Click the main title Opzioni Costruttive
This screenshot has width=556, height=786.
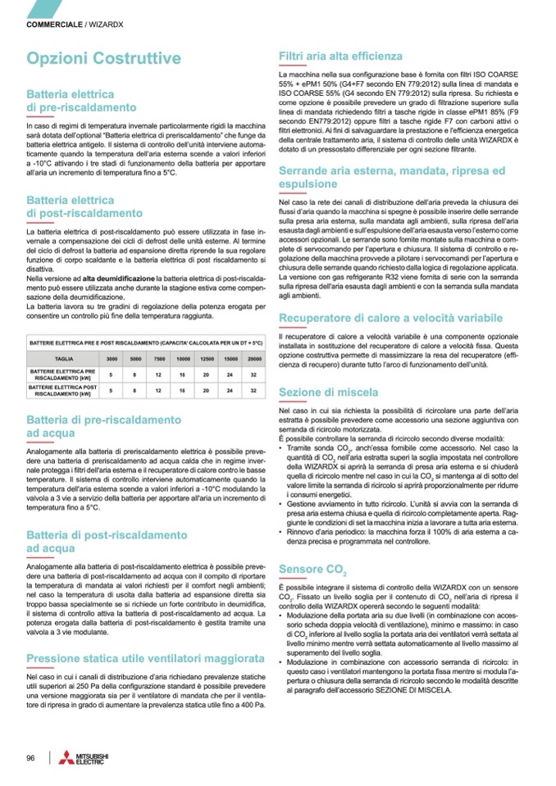pos(103,58)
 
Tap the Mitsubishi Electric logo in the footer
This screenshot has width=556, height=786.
pos(81,758)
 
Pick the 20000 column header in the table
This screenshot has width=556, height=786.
pos(254,359)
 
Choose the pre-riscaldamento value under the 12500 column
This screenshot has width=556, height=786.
pos(207,375)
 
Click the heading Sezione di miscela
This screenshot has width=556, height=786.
pos(329,393)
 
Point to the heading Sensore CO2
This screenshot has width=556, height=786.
pos(312,569)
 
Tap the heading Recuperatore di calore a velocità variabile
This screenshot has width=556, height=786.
pos(390,317)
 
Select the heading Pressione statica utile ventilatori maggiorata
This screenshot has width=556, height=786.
pos(145,658)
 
